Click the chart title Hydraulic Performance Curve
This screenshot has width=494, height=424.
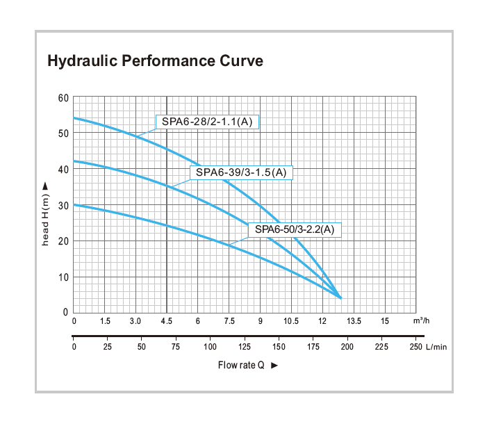point(154,61)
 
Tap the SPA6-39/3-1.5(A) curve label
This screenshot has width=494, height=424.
point(240,172)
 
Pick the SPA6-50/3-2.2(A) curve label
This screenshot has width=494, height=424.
point(295,229)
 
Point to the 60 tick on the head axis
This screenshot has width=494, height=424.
point(63,97)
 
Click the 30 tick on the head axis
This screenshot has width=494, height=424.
point(63,205)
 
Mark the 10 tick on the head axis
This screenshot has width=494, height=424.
point(63,277)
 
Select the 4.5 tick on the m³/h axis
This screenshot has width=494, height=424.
point(167,321)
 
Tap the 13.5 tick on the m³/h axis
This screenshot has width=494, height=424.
point(354,321)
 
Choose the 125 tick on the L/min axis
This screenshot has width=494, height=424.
point(244,347)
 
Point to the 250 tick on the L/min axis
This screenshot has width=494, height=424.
point(415,347)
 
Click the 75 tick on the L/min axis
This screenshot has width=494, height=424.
point(176,347)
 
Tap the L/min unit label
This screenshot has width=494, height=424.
point(436,347)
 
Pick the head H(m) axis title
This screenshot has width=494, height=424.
point(46,218)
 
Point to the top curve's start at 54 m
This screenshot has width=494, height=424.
point(74,118)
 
